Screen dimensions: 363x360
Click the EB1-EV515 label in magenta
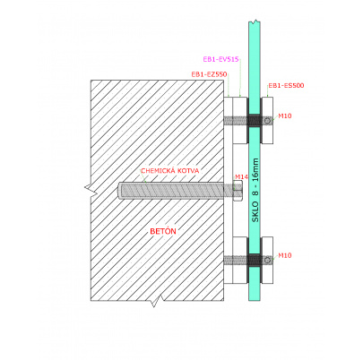point(220,59)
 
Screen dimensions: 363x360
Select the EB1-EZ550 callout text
point(209,74)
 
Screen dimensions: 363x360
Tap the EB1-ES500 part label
point(286,85)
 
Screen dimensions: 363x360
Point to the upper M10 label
point(285,116)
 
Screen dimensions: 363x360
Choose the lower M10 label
point(285,255)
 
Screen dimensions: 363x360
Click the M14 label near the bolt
point(241,177)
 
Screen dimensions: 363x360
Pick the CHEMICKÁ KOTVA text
point(170,171)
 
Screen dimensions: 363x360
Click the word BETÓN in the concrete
point(163,231)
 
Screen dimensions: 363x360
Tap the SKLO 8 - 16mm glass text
point(255,190)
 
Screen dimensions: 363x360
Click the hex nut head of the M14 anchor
point(238,191)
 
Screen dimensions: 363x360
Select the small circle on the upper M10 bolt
point(268,121)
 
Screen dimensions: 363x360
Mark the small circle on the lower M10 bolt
point(268,260)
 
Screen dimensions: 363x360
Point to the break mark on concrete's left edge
point(91,191)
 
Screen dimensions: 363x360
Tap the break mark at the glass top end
point(255,21)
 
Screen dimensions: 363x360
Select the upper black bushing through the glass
point(255,120)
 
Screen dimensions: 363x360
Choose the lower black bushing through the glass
point(255,260)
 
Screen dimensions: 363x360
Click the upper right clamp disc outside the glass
point(267,120)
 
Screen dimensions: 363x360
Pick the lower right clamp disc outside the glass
point(267,260)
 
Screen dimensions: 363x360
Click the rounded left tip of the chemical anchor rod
point(119,191)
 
